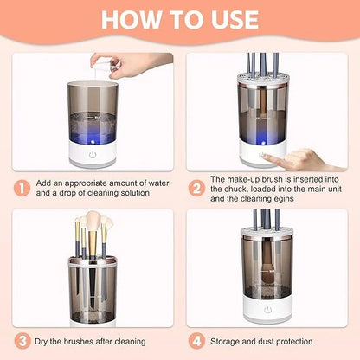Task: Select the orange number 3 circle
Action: [x=22, y=343]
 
